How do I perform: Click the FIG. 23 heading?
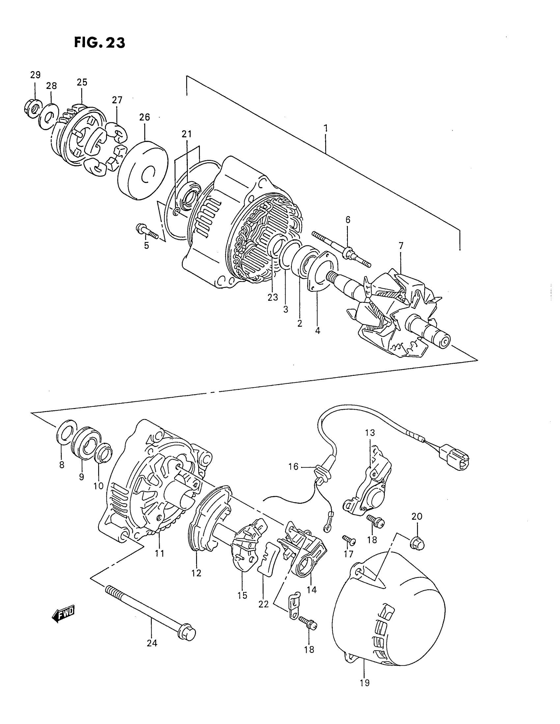99,43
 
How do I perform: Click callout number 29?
35,75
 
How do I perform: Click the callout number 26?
145,117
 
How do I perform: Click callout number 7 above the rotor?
401,246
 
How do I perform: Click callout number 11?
159,553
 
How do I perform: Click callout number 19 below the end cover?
365,683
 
